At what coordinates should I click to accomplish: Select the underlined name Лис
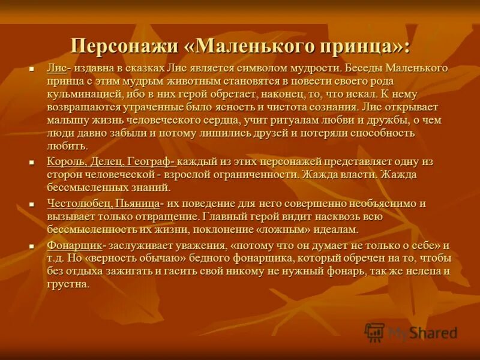coord(56,68)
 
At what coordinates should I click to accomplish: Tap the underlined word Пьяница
coord(137,203)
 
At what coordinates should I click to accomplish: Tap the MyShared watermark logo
coord(412,332)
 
